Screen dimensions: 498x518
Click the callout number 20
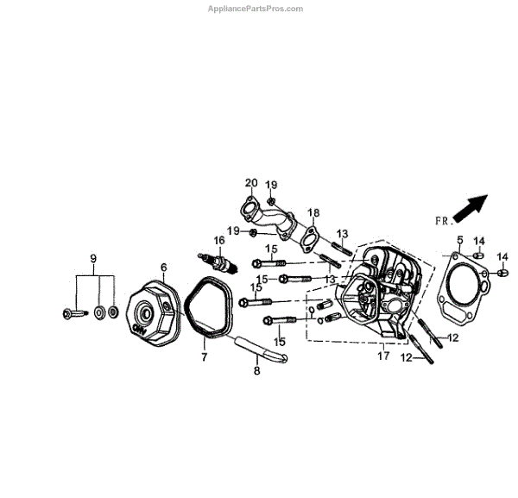point(251,182)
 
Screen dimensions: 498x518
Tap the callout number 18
point(313,212)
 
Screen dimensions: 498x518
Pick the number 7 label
point(204,356)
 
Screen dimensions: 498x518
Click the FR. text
point(443,221)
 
